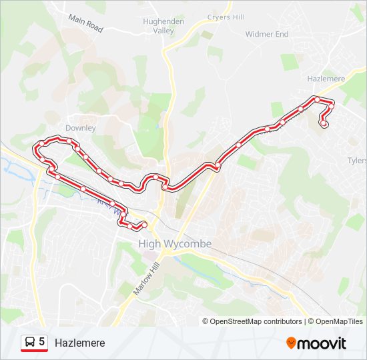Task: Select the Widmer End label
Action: tap(267, 33)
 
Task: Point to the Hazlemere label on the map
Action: tap(326, 79)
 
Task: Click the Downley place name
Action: tap(81, 128)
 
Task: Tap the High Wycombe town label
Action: tap(175, 244)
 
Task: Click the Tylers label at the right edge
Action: tap(357, 161)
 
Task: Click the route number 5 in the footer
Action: tap(42, 342)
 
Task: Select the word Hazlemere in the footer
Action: tap(80, 343)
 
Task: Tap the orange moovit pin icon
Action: tap(291, 343)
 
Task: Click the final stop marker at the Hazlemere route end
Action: tap(324, 123)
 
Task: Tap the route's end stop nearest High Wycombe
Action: tap(144, 224)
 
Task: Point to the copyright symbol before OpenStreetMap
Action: tap(206, 321)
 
